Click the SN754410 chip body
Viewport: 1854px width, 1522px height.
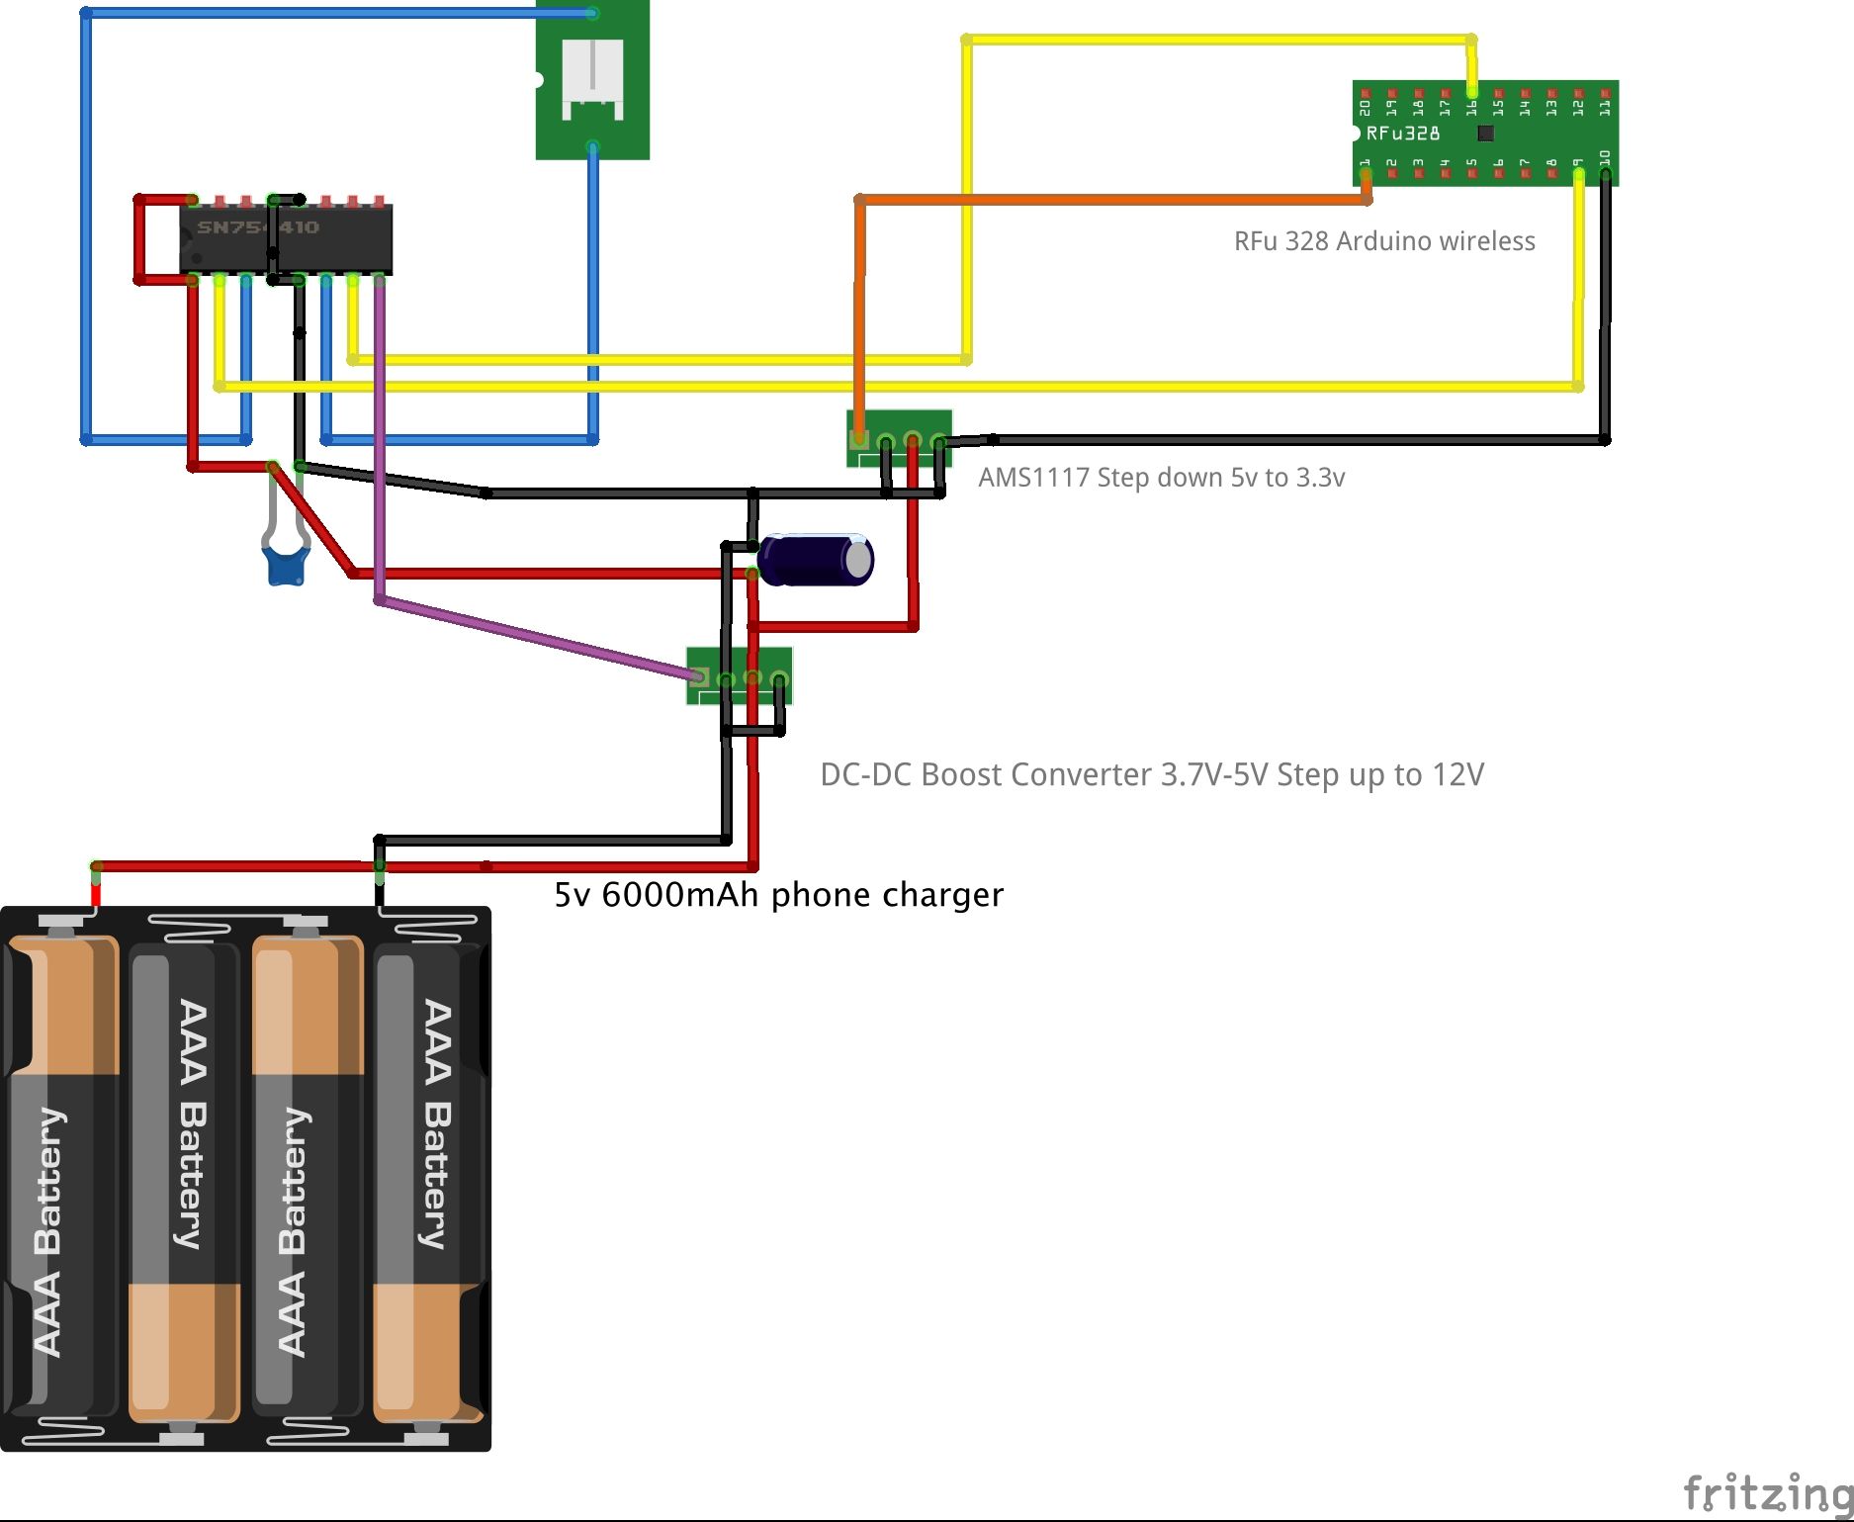click(x=286, y=240)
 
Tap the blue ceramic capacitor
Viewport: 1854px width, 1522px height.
click(x=286, y=566)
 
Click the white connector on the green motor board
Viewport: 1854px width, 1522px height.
click(x=592, y=78)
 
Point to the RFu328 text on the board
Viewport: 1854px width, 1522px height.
click(x=1403, y=134)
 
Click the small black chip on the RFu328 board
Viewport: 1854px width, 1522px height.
click(x=1485, y=133)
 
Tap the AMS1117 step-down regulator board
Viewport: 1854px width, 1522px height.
click(x=899, y=438)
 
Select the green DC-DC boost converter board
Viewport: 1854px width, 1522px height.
click(x=740, y=675)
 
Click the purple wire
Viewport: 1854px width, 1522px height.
click(x=534, y=638)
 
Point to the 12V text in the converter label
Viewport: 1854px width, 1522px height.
click(x=1457, y=774)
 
